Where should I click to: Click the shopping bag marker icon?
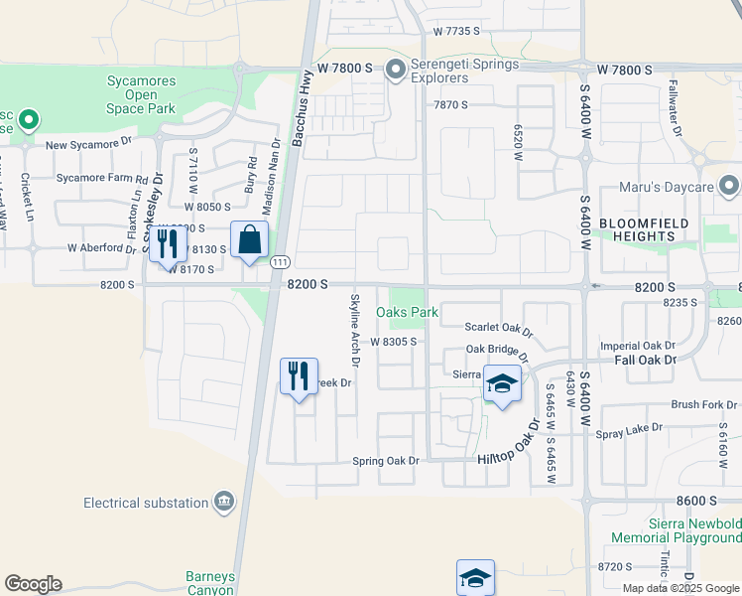point(249,240)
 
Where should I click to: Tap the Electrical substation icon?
point(224,502)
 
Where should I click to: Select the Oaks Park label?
point(407,312)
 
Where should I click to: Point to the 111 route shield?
point(282,260)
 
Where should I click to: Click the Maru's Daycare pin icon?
point(730,186)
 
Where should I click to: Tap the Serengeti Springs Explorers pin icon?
point(396,70)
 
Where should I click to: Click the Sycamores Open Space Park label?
point(142,94)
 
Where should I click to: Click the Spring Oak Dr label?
point(387,461)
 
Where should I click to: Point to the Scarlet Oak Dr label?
point(499,327)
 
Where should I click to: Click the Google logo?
point(33,584)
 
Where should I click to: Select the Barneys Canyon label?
point(209,582)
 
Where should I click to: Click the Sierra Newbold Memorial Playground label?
point(677,529)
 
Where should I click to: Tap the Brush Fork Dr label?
point(704,404)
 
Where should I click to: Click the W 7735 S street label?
point(456,32)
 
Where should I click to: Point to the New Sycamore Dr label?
point(88,144)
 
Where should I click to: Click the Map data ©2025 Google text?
point(681,588)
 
